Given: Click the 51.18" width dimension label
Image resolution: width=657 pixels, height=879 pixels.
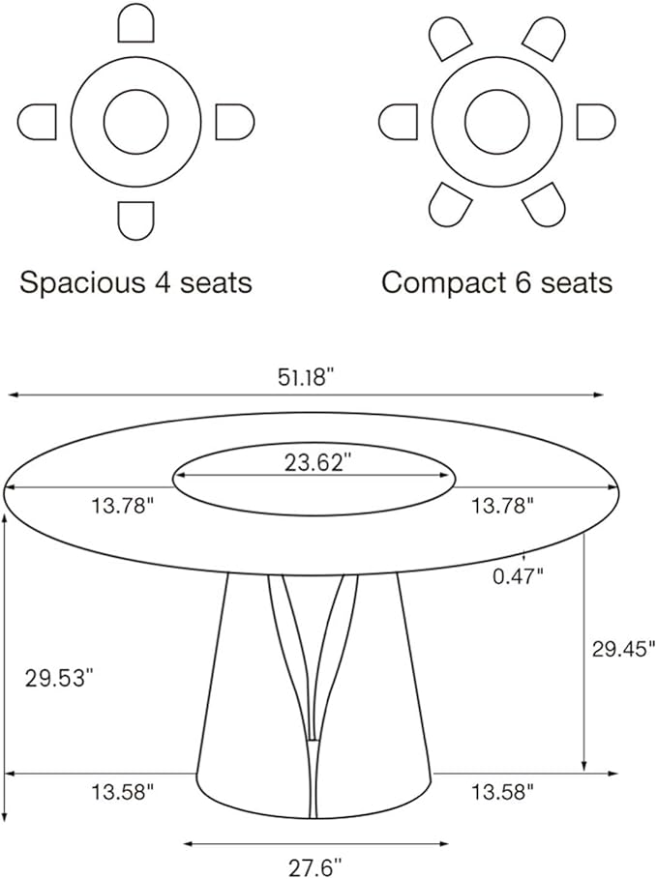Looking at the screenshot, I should coord(306,378).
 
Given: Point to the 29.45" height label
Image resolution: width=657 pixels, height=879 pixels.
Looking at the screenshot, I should coord(623,648).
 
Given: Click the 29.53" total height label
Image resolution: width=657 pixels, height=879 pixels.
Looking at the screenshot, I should coord(59,677).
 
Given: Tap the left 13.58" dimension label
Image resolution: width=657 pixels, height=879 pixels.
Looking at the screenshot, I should coord(123,793).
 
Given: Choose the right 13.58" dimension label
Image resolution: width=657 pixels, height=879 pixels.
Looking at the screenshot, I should coord(502,793).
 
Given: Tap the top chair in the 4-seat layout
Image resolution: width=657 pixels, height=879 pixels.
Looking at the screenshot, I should coord(135,24).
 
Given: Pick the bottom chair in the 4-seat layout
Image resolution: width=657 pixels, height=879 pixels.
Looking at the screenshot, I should coord(135,220).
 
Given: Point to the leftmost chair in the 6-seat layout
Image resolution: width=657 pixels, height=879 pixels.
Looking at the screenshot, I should coord(398,122).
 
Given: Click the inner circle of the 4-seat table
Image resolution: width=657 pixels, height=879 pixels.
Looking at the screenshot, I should coord(135,122).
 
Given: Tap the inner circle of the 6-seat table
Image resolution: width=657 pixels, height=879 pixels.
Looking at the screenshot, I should coord(496,122).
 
